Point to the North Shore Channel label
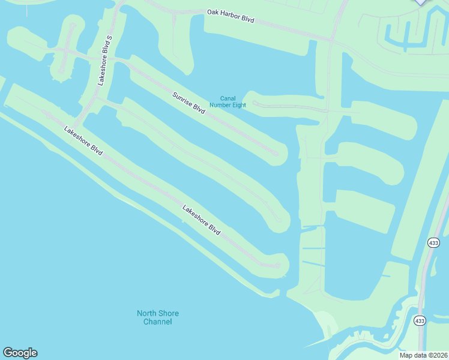[x=158, y=317]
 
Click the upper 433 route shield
[x=434, y=242]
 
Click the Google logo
[x=20, y=353]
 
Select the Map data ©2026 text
[x=423, y=355]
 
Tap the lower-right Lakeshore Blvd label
[x=201, y=221]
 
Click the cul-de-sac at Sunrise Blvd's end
[x=276, y=154]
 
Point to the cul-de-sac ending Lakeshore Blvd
[x=277, y=265]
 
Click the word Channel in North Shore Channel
[x=158, y=322]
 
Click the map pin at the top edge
[x=421, y=2]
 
